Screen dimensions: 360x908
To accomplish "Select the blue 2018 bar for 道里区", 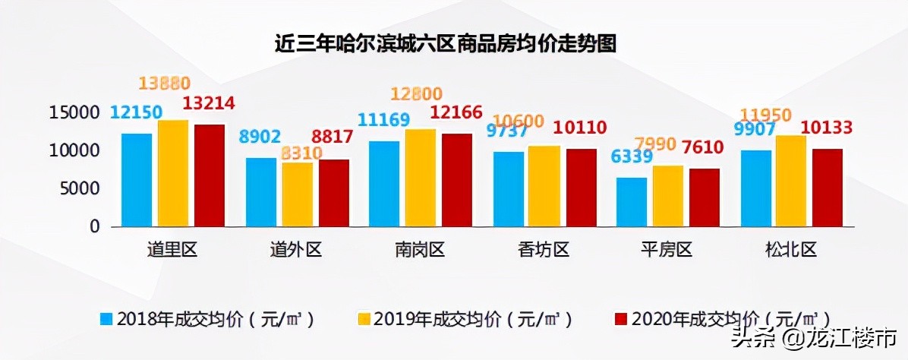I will (137, 180).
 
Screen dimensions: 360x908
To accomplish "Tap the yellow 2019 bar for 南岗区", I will (421, 178).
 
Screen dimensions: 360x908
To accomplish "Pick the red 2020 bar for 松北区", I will (828, 188).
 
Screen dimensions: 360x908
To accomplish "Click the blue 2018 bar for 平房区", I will (632, 202).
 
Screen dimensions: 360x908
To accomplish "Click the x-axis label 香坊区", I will (544, 250).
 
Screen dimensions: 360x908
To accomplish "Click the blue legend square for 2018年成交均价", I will (106, 318).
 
